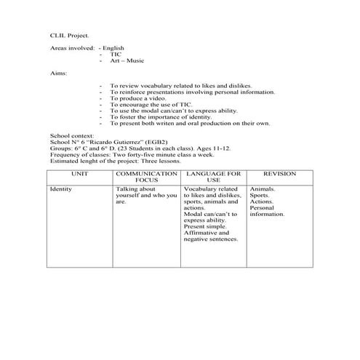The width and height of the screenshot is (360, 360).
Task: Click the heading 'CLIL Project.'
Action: (70, 34)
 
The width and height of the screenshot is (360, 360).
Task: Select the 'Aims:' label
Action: (57, 73)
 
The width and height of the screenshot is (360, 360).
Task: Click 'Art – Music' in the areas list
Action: (126, 60)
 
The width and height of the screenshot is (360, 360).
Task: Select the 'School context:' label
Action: (68, 136)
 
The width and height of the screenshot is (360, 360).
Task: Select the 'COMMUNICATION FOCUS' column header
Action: (146, 177)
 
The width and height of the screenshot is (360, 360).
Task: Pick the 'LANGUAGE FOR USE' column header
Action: (213, 177)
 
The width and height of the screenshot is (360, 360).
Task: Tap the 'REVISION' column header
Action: (280, 175)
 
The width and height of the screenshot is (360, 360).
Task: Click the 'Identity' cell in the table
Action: (60, 189)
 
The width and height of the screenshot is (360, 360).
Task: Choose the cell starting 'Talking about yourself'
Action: (145, 195)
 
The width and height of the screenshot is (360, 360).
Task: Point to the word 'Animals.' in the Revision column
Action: (262, 189)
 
